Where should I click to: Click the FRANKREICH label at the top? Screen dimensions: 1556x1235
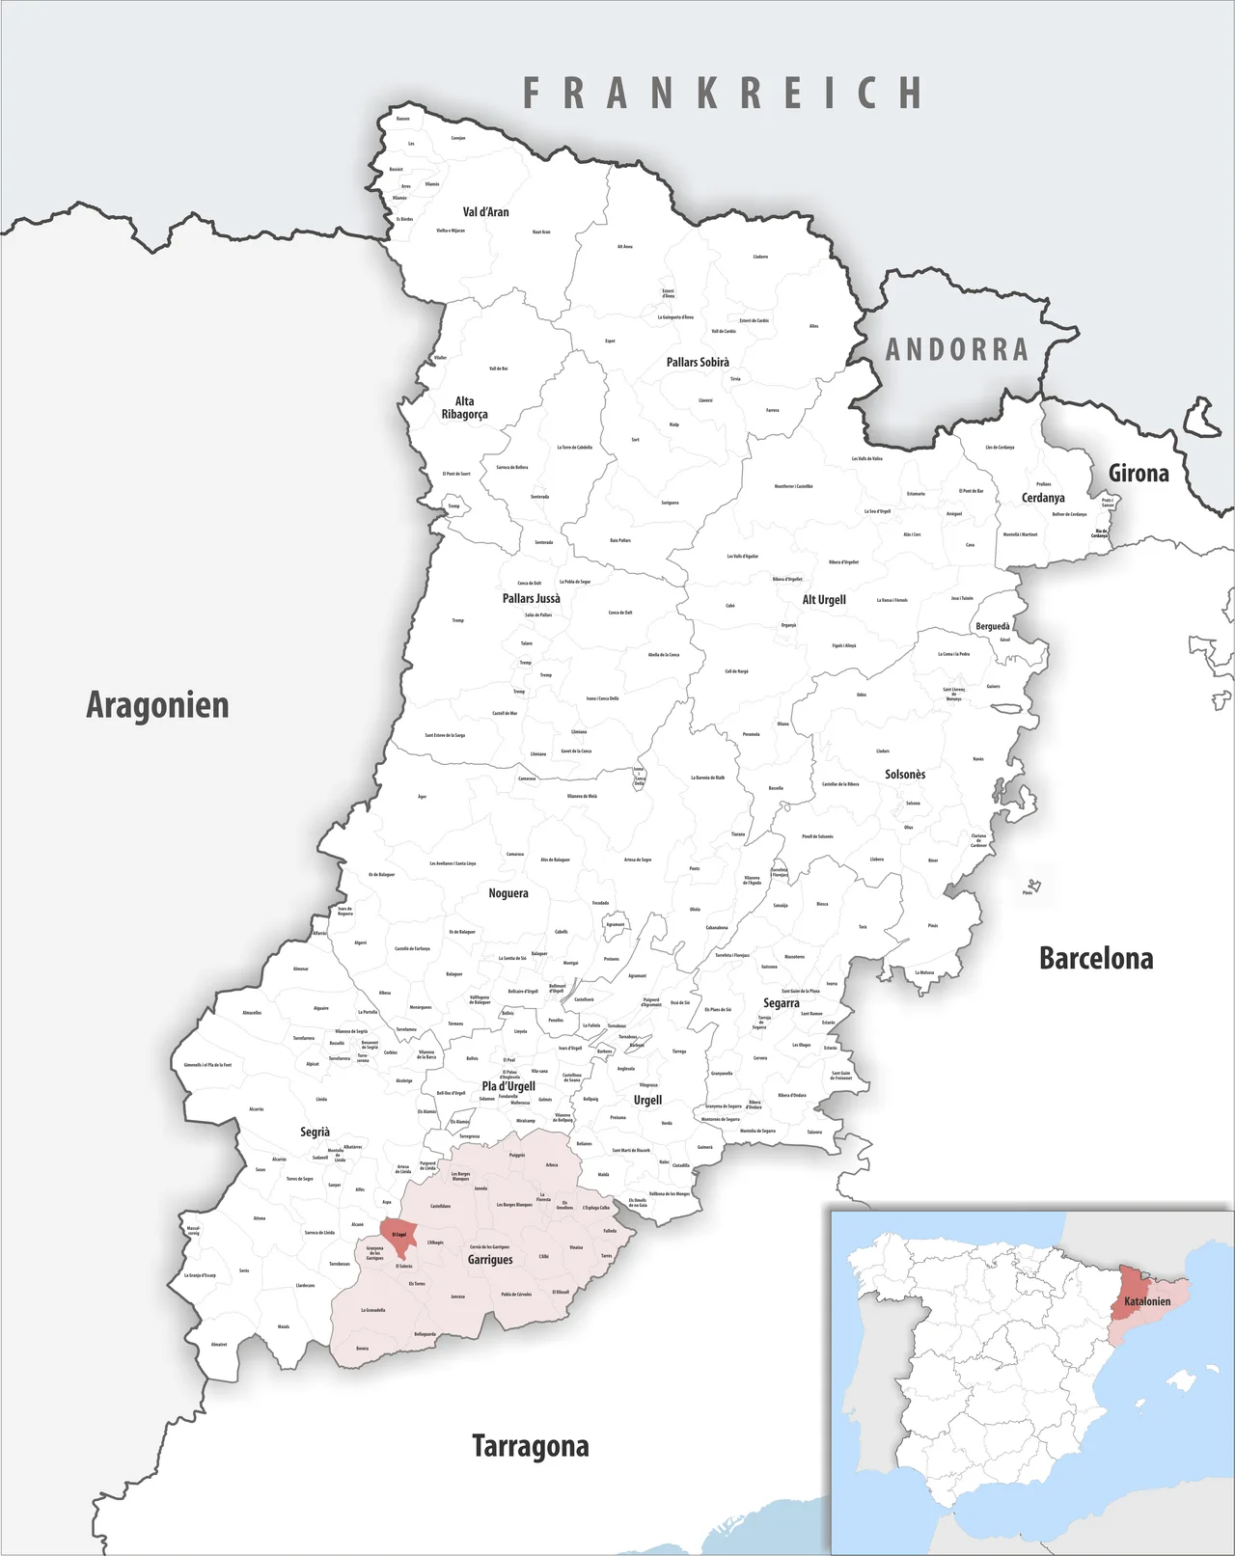pyautogui.click(x=723, y=94)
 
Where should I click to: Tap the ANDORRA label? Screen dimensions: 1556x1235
pyautogui.click(x=956, y=349)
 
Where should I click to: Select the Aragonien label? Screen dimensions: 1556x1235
pyautogui.click(x=157, y=705)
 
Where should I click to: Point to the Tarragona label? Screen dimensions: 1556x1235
pyautogui.click(x=530, y=1446)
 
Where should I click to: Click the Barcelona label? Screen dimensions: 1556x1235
pyautogui.click(x=1095, y=958)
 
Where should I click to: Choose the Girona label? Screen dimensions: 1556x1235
pyautogui.click(x=1138, y=474)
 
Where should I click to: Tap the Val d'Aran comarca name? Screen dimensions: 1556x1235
pyautogui.click(x=485, y=212)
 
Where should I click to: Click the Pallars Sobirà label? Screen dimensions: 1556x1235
pyautogui.click(x=698, y=363)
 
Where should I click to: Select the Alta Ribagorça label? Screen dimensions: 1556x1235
pyautogui.click(x=464, y=408)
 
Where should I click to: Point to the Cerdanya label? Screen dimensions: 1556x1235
pyautogui.click(x=1043, y=498)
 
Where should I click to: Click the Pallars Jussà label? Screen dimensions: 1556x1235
pyautogui.click(x=531, y=599)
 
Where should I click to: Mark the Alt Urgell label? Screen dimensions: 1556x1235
pyautogui.click(x=824, y=600)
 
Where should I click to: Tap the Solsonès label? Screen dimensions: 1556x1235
pyautogui.click(x=904, y=775)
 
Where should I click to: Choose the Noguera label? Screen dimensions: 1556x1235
pyautogui.click(x=508, y=893)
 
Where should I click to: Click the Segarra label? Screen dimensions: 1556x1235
pyautogui.click(x=781, y=1003)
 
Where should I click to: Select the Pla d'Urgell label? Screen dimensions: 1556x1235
pyautogui.click(x=508, y=1086)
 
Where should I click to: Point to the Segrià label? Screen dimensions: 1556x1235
pyautogui.click(x=315, y=1132)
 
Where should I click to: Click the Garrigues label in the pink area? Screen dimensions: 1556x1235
pyautogui.click(x=490, y=1260)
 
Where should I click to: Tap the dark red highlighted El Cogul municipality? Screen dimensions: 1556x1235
pyautogui.click(x=398, y=1235)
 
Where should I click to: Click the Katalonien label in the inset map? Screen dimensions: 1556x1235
pyautogui.click(x=1146, y=1301)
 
